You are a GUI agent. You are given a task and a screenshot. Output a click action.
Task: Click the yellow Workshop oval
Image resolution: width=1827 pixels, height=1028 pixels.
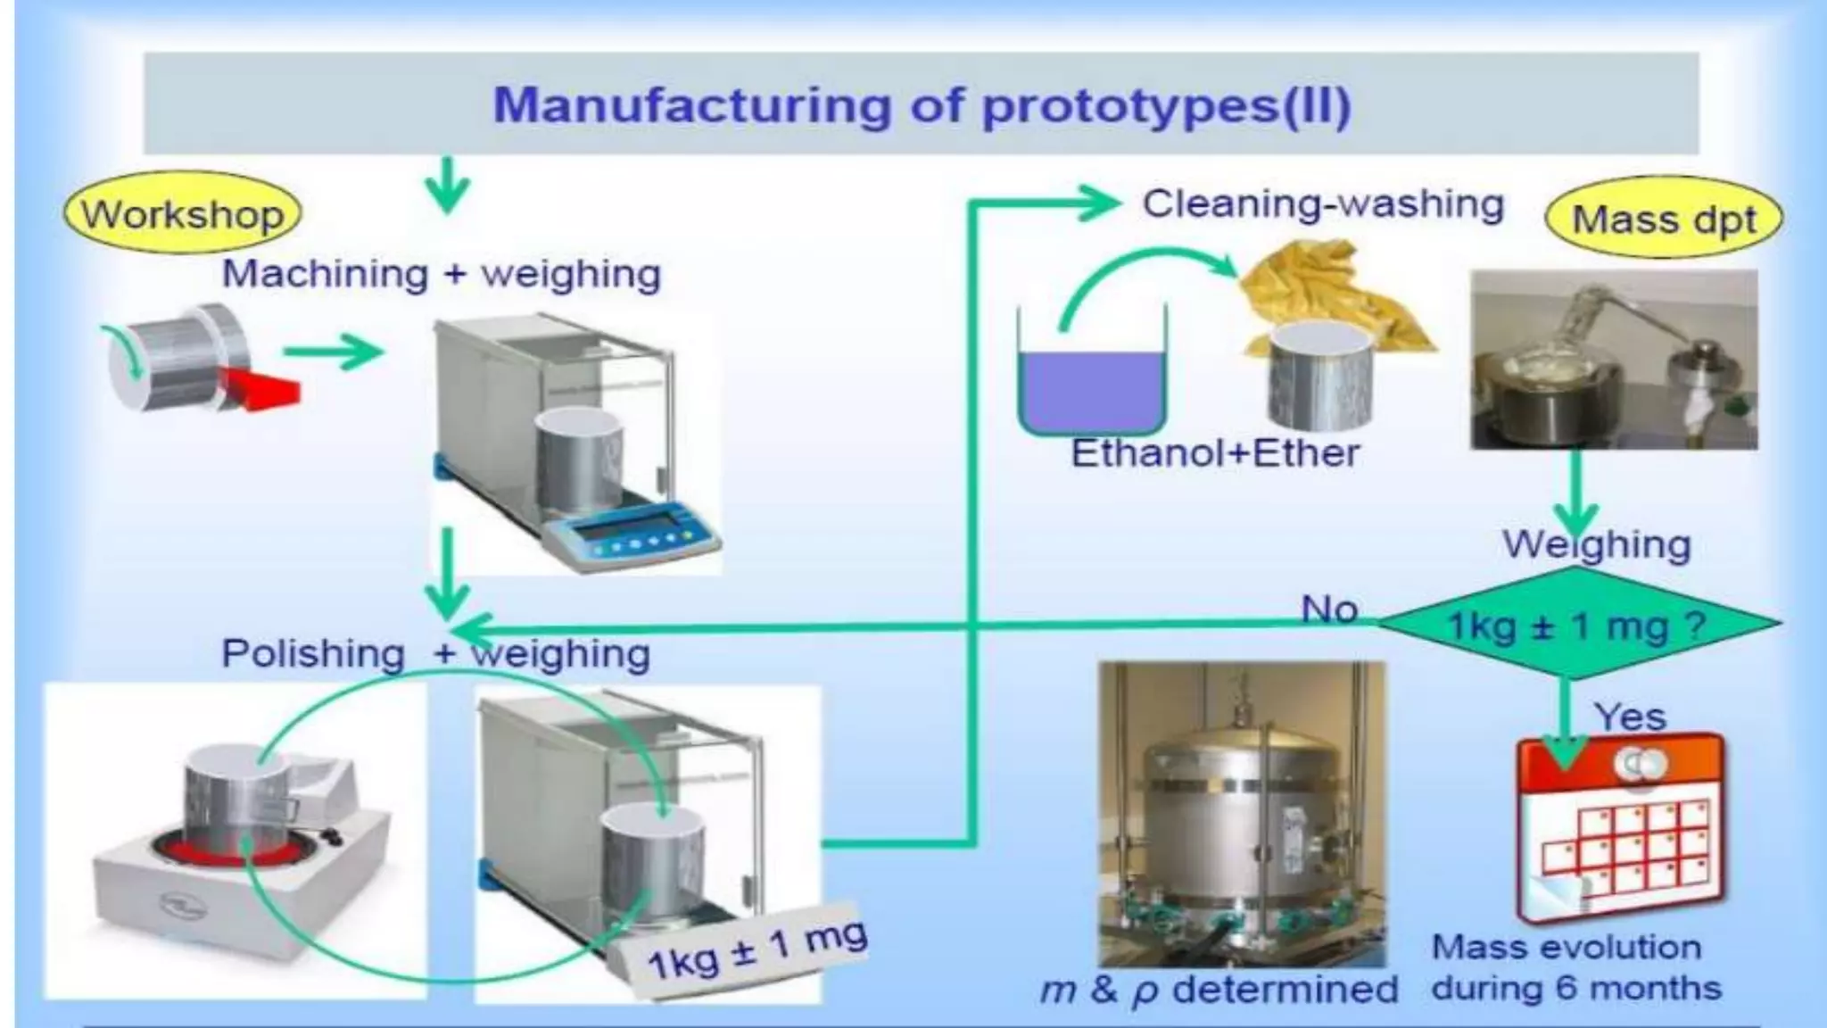[182, 214]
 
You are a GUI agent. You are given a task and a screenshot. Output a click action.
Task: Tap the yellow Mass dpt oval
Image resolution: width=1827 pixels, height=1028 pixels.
[1663, 220]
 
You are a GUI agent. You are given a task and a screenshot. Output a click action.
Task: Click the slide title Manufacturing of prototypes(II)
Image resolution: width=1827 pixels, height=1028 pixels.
[922, 104]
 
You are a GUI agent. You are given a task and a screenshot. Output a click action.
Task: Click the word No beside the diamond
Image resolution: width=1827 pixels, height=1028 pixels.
[1329, 609]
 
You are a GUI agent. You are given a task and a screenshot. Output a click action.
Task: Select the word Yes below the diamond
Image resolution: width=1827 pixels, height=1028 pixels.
[1630, 717]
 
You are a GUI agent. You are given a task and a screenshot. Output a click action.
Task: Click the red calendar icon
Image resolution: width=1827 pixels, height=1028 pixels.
[1621, 825]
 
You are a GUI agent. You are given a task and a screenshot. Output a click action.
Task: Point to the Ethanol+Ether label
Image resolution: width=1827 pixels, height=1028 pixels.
[1214, 453]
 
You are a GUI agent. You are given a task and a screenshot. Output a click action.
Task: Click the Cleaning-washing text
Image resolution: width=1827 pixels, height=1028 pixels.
[1323, 203]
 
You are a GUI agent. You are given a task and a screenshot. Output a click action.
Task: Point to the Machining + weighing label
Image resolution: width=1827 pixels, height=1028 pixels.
[441, 273]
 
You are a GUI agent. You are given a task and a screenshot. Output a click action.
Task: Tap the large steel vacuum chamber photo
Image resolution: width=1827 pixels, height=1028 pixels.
[1241, 814]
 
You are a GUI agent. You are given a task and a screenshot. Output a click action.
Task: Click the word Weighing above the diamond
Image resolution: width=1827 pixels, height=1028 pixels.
[1596, 544]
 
